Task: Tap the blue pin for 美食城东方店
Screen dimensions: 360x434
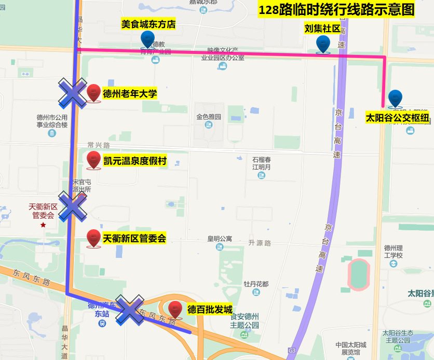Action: point(147,39)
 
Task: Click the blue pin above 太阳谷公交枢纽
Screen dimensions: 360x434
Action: point(395,99)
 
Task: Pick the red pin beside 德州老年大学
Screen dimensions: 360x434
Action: point(93,93)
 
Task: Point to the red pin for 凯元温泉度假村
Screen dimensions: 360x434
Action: point(93,160)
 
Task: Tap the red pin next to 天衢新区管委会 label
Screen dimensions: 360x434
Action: point(93,238)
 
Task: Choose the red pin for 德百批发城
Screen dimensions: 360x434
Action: point(175,310)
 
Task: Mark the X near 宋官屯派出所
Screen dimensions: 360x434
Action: point(72,206)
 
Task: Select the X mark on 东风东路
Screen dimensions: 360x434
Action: point(129,310)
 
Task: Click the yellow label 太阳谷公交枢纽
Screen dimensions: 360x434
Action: point(398,118)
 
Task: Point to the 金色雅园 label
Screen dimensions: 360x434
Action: point(209,117)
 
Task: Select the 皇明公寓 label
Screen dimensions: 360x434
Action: point(220,239)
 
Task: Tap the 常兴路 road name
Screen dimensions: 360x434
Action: point(99,145)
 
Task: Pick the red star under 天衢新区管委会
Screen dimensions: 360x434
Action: point(43,225)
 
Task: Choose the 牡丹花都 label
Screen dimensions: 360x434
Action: point(256,284)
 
